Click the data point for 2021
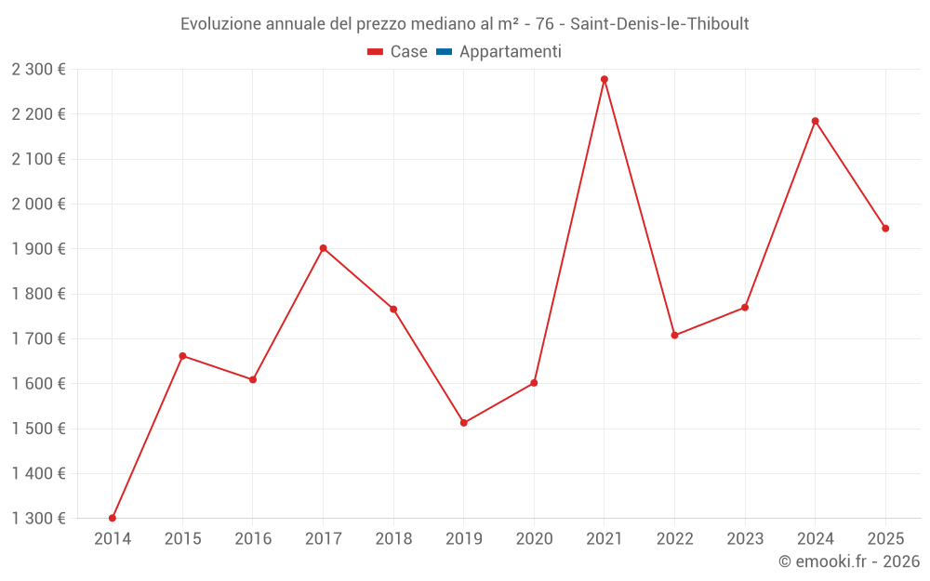click(x=604, y=80)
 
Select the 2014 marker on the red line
click(x=113, y=518)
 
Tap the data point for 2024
click(x=816, y=121)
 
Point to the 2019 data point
click(x=464, y=423)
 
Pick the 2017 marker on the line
click(x=323, y=248)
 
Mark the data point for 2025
click(x=885, y=229)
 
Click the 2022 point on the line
click(x=674, y=336)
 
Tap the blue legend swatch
click(x=444, y=52)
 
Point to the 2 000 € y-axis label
click(x=39, y=204)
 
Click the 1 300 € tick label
click(x=39, y=518)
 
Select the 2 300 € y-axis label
click(x=39, y=69)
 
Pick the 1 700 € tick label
click(x=39, y=338)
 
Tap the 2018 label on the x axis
click(x=393, y=538)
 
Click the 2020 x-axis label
click(x=534, y=538)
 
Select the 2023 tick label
click(x=745, y=538)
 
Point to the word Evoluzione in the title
click(x=221, y=24)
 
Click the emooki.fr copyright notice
click(x=849, y=561)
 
